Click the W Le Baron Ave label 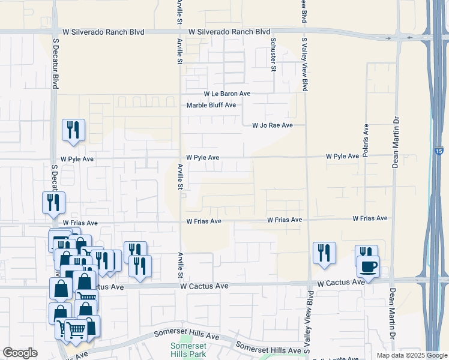click(227, 94)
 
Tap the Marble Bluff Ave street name click(211, 105)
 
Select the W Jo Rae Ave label click(272, 125)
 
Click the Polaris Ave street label click(366, 137)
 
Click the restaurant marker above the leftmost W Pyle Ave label click(73, 130)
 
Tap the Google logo click(20, 353)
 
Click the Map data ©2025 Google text click(411, 355)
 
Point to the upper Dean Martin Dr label click(395, 142)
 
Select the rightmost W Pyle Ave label click(343, 156)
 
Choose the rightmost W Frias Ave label click(370, 219)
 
